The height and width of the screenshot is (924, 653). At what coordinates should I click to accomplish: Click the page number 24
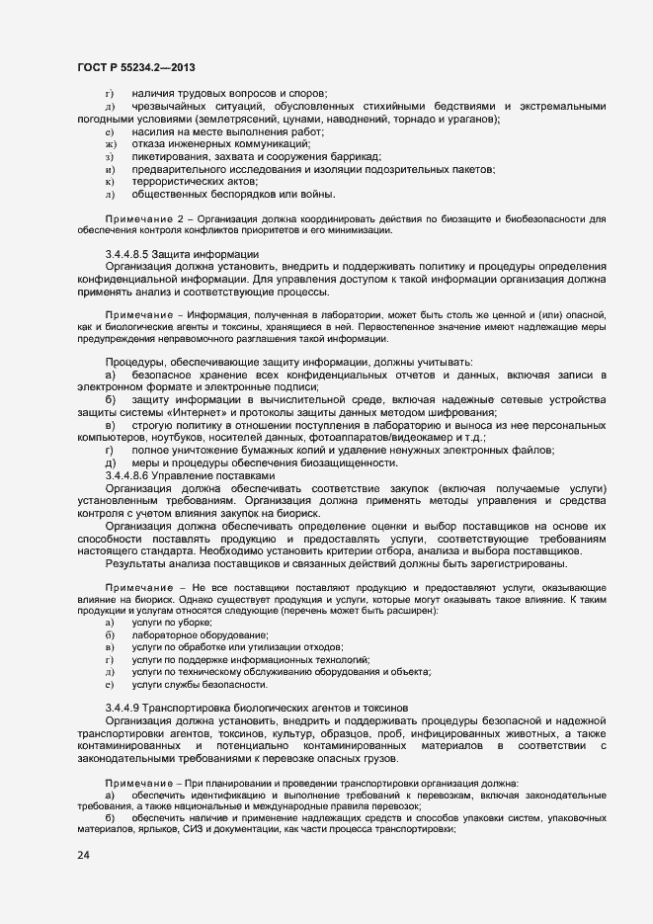coord(82,855)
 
